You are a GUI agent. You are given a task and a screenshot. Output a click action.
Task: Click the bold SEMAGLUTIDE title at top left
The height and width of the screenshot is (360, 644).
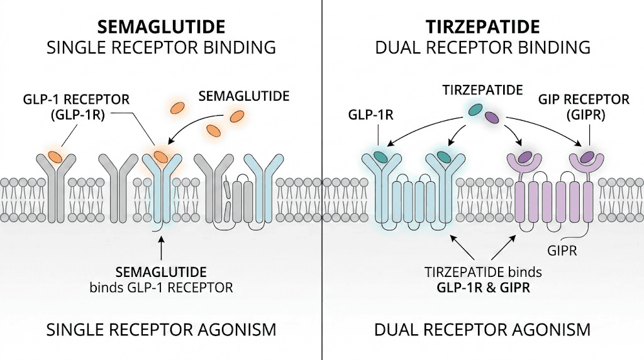coord(160,27)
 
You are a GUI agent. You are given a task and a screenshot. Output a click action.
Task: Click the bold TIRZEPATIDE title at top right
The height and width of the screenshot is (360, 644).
coord(482,27)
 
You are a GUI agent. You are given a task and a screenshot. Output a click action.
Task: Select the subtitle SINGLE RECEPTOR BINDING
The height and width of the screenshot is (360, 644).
coord(160,47)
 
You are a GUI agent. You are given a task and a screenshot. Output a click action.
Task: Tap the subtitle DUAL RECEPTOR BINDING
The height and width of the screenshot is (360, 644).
coord(482,47)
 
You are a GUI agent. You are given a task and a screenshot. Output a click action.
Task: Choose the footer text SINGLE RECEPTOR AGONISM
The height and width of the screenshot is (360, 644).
coord(160,329)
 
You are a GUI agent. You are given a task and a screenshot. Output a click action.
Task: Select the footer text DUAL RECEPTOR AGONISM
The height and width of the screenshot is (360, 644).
coord(482,329)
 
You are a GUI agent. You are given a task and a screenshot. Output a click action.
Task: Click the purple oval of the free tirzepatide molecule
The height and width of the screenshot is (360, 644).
coord(491,116)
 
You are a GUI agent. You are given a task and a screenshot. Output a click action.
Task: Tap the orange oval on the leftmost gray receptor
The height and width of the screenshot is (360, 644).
coord(55,155)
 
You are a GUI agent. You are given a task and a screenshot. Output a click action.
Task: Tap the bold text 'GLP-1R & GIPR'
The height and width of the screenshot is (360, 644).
coord(482,289)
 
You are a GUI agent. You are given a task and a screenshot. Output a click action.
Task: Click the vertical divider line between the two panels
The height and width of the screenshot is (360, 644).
coord(322,189)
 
